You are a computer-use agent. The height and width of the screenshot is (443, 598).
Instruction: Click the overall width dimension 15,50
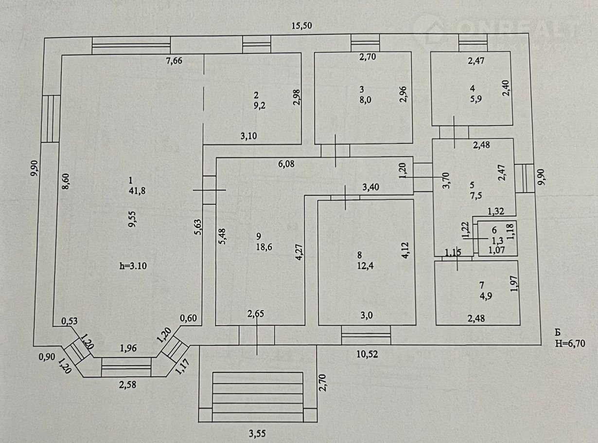[302, 26]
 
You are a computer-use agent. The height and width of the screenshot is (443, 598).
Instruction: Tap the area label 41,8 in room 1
[137, 191]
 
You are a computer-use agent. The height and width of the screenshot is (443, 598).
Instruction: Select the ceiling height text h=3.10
[133, 266]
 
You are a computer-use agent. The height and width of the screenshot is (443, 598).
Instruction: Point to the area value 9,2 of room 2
[259, 106]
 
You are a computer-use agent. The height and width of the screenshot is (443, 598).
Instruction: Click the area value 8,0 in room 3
[365, 100]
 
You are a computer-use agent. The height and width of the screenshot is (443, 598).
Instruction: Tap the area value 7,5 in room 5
[475, 196]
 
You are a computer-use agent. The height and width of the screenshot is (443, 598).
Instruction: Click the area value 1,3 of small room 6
[497, 240]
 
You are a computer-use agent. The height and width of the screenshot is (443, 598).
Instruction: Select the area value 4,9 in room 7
[486, 296]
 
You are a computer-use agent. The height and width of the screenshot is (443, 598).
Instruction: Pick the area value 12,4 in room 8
[365, 266]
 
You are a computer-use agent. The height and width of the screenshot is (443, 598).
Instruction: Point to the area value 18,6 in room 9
[264, 247]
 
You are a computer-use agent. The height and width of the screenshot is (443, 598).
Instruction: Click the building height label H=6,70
[570, 344]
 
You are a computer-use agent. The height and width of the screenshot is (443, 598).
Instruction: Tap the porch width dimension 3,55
[257, 434]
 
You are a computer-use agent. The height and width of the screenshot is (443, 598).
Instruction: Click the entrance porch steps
[258, 397]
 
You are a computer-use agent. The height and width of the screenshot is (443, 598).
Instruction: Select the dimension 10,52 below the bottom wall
[367, 354]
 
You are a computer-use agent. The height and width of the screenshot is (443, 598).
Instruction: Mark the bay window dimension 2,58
[128, 385]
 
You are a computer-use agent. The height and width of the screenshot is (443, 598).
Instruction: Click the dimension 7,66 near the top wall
[174, 61]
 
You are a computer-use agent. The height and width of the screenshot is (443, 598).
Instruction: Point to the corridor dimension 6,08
[286, 164]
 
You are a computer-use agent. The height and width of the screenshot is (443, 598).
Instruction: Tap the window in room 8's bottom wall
[366, 335]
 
